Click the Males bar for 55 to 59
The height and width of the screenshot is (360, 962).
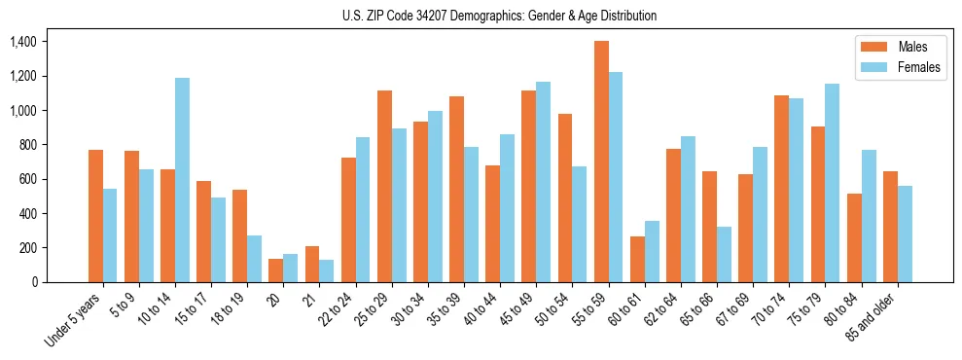[x=601, y=162]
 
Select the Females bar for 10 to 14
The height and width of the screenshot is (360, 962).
[x=182, y=180]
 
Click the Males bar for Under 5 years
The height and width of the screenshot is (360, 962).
[x=95, y=216]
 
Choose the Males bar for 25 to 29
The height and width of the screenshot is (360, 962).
[x=384, y=186]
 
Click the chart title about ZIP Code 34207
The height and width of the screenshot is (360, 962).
[x=499, y=16]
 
